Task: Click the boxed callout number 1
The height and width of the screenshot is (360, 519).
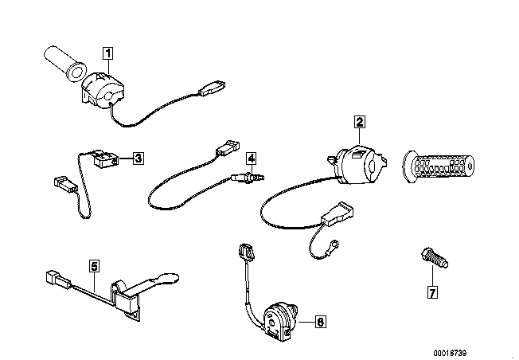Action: click(x=108, y=53)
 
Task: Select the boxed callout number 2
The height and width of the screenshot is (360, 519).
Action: click(x=360, y=122)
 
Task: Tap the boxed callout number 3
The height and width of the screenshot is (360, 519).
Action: click(x=138, y=158)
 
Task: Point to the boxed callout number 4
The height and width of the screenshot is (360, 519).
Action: click(x=252, y=158)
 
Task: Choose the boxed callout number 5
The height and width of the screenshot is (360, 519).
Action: click(x=95, y=266)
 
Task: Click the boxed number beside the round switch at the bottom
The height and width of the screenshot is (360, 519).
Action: click(x=320, y=321)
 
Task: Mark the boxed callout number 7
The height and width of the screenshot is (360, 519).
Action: click(x=432, y=292)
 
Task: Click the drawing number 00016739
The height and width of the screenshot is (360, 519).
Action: click(x=450, y=353)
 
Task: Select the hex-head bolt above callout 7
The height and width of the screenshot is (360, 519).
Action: click(x=435, y=258)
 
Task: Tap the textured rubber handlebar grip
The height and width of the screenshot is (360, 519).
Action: click(x=439, y=166)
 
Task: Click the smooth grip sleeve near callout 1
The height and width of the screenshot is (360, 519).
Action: click(x=65, y=64)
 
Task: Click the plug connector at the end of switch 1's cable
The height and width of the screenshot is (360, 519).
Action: click(x=213, y=88)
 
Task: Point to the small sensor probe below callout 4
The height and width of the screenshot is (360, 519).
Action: click(x=248, y=178)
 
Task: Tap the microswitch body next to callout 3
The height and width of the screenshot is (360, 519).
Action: click(x=105, y=158)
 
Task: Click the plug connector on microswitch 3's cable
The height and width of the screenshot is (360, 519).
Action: click(x=65, y=184)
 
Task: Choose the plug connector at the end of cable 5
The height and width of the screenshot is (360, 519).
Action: click(x=58, y=280)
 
